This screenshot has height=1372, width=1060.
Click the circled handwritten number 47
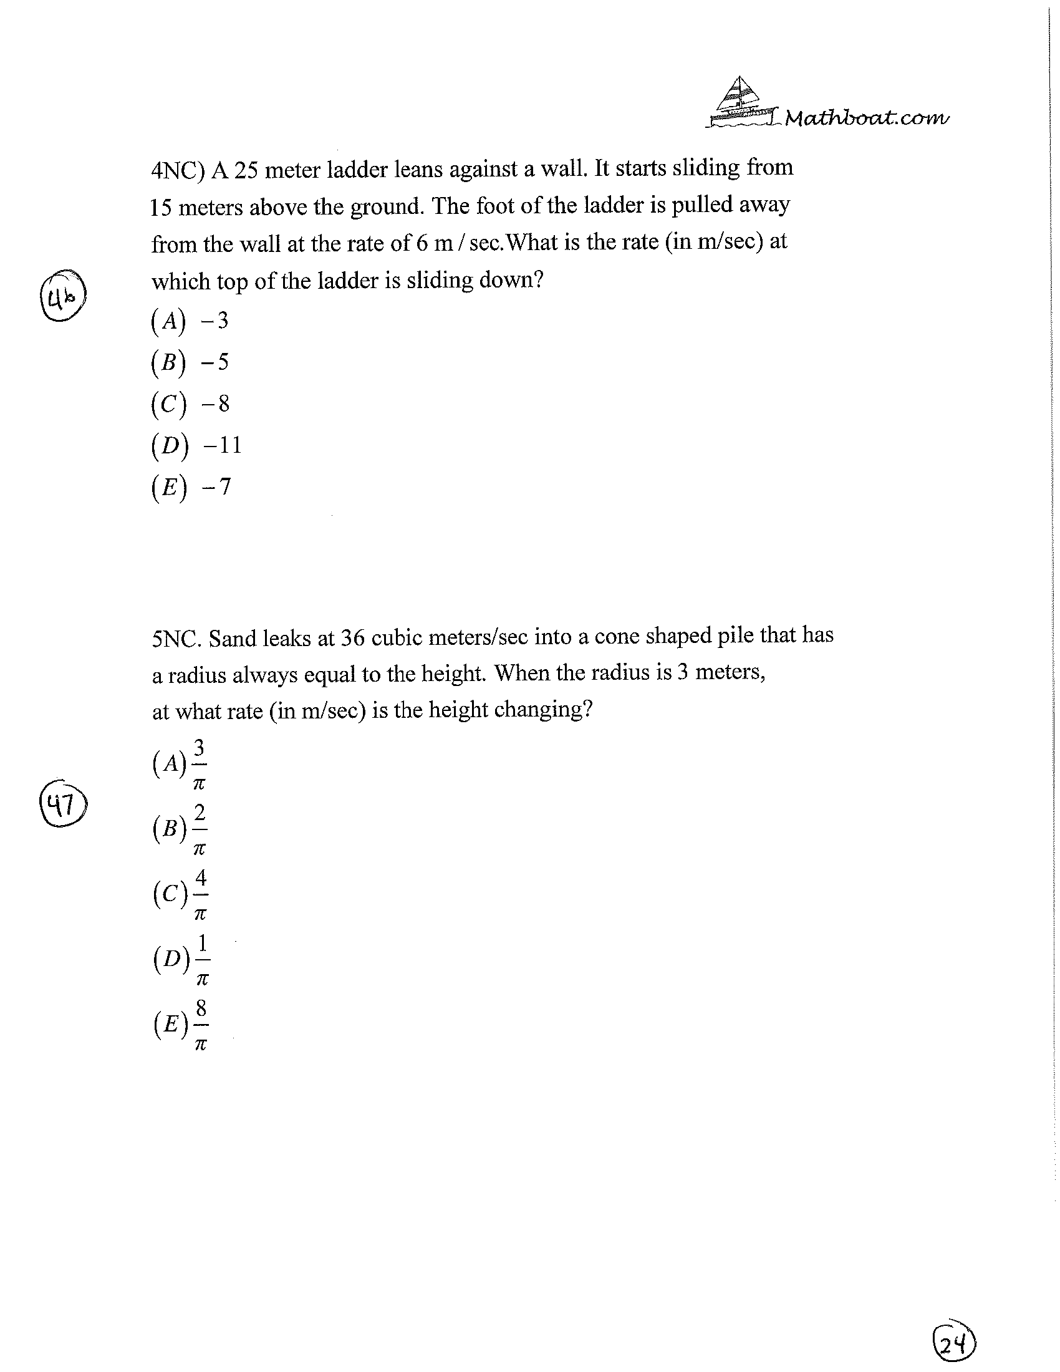point(63,804)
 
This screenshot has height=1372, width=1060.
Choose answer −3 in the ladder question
point(214,321)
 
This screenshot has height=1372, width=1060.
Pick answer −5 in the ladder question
point(214,362)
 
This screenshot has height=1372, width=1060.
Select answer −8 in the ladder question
point(215,403)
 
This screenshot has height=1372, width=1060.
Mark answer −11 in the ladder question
point(223,445)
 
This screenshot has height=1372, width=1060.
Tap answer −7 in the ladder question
point(216,486)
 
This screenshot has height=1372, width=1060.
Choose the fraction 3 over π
point(199,765)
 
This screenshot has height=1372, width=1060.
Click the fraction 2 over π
point(199,830)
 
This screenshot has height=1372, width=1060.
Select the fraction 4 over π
point(200,895)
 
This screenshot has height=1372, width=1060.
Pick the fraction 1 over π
point(201,960)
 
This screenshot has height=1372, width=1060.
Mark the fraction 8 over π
point(200,1026)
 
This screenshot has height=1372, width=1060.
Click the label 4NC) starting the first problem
point(178,171)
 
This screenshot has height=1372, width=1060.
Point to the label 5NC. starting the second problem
point(176,639)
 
